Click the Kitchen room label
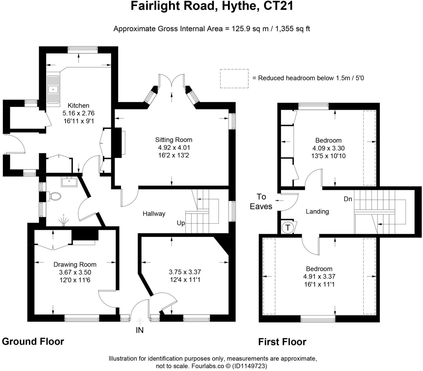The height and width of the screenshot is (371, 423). coord(78,106)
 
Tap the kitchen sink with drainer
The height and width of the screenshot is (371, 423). coord(53,89)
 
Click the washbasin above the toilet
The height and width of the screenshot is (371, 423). coord(69,182)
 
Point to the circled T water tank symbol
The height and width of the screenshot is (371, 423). coord(288,228)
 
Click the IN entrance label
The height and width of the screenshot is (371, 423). coord(140,330)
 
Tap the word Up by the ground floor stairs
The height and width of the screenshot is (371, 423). coord(181,223)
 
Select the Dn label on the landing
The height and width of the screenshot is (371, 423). coord(348,199)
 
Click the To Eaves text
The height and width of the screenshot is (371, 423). coord(261,202)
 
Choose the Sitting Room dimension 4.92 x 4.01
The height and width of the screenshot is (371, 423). coord(174,148)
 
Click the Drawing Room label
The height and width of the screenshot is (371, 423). coord(75,265)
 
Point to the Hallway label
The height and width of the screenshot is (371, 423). coord(154,214)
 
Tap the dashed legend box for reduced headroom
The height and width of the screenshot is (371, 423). coord(234,79)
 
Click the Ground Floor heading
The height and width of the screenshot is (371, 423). coord(33,342)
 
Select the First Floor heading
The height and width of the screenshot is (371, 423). coord(282,342)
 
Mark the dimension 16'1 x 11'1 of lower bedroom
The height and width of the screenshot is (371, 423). coord(319,284)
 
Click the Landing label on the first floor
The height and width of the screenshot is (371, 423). coord(317,212)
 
